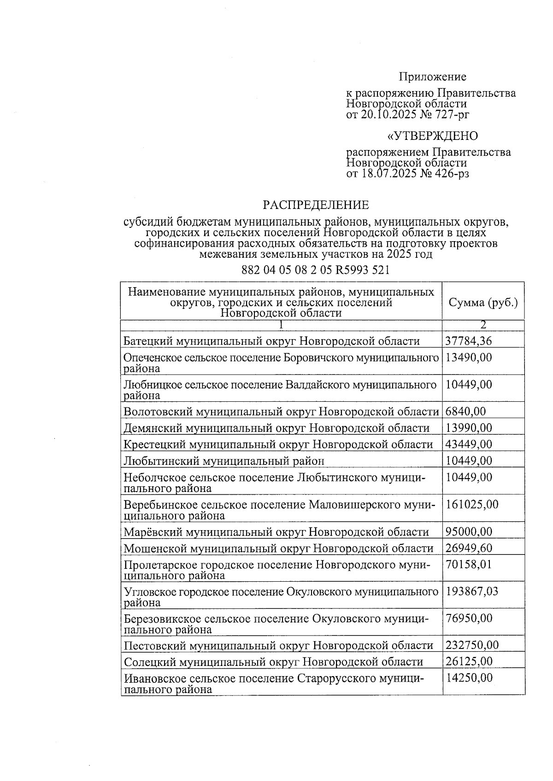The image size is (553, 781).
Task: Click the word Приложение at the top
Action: (432, 77)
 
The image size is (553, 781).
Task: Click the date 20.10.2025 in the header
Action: (388, 115)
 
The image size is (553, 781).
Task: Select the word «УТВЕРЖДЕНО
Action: (432, 136)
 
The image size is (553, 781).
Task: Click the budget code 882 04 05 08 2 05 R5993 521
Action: (316, 270)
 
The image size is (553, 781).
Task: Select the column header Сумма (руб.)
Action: (483, 302)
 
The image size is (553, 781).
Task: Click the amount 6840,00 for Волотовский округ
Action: (465, 411)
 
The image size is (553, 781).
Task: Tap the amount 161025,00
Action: (472, 504)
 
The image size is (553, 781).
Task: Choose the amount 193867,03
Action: (472, 591)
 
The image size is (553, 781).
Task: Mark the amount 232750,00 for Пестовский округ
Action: (472, 645)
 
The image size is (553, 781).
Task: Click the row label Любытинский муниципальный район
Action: (224, 461)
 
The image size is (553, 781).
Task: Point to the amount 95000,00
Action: (469, 532)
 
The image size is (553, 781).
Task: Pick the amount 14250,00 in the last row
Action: (469, 678)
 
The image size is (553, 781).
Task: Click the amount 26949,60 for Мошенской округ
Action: (469, 548)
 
